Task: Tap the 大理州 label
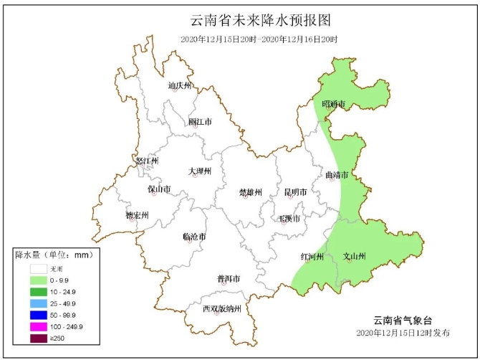[200, 171]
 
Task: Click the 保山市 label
[159, 189]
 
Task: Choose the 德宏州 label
[137, 215]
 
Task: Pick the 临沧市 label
[195, 236]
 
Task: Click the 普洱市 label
[229, 278]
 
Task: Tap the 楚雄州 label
[251, 192]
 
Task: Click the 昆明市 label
[295, 192]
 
